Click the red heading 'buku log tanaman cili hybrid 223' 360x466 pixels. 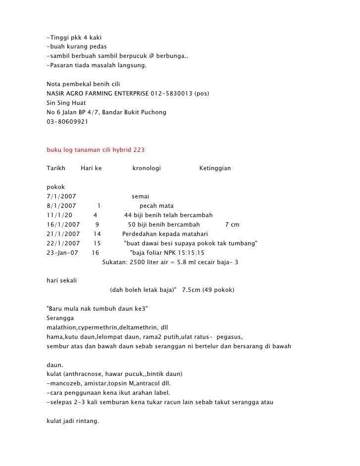[x=95, y=149]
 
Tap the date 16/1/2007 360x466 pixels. [x=63, y=225]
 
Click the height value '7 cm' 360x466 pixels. [x=232, y=225]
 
